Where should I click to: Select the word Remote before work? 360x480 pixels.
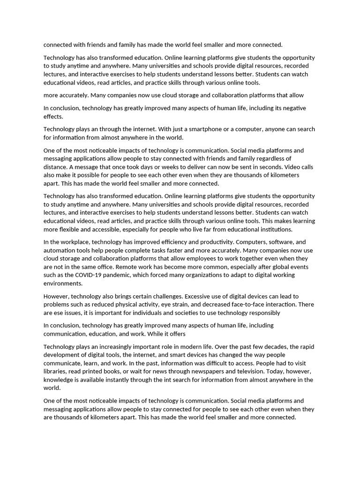pos(109,267)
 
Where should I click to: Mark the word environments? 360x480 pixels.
pos(63,284)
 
